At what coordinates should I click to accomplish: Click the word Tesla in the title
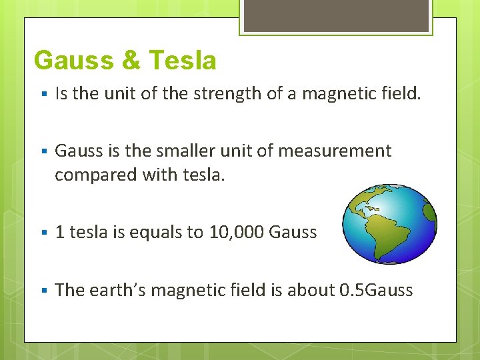[183, 61]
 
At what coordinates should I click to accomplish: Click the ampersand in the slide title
[131, 61]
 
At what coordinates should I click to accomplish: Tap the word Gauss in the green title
[72, 61]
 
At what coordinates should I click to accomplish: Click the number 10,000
[236, 232]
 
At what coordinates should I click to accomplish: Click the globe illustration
[389, 223]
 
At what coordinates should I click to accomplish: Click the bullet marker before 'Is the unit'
[42, 94]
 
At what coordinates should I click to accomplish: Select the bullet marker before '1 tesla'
[42, 233]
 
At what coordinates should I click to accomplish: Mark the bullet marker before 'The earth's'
[42, 291]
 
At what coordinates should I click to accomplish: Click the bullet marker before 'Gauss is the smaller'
[42, 152]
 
